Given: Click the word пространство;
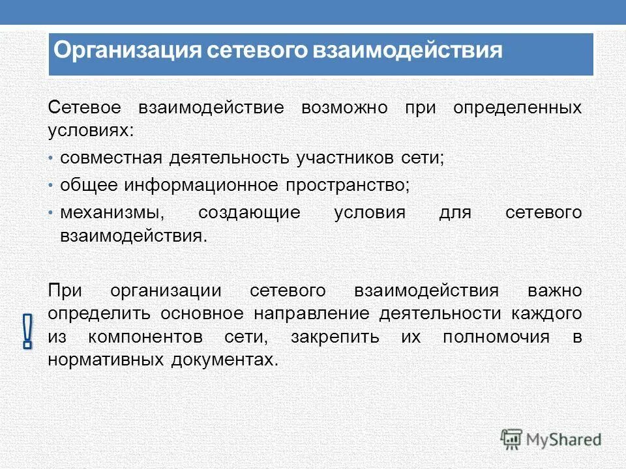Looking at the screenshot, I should tap(348, 186).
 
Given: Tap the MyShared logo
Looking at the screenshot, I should tap(551, 439).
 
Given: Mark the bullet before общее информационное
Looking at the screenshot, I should tap(52, 186).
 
